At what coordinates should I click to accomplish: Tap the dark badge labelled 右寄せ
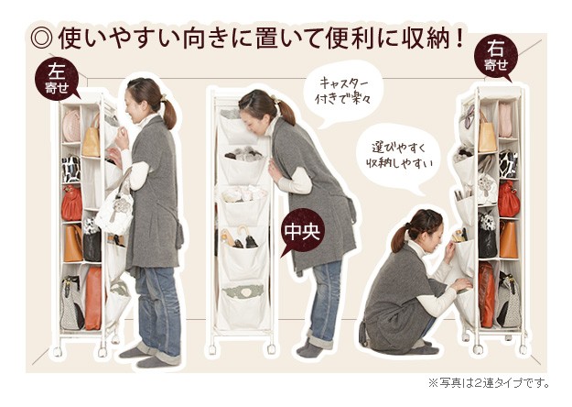point(496,59)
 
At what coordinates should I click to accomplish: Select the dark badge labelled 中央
point(302,231)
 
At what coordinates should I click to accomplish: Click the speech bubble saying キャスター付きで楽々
point(343,91)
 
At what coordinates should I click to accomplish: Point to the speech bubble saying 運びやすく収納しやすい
point(399,157)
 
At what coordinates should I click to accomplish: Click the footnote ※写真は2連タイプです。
point(489,383)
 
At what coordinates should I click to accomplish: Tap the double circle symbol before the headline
point(41,38)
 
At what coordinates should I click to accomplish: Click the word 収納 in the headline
point(418,38)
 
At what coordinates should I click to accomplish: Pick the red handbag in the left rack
point(72,203)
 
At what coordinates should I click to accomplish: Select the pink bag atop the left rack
point(71,126)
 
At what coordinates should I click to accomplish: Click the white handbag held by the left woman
point(114,213)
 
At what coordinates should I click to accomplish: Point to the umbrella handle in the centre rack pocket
point(243,231)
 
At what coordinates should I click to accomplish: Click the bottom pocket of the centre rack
point(243,306)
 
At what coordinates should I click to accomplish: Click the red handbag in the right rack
point(509,200)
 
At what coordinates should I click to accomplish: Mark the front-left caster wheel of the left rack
point(58,351)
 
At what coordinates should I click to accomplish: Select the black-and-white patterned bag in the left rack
point(70,170)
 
